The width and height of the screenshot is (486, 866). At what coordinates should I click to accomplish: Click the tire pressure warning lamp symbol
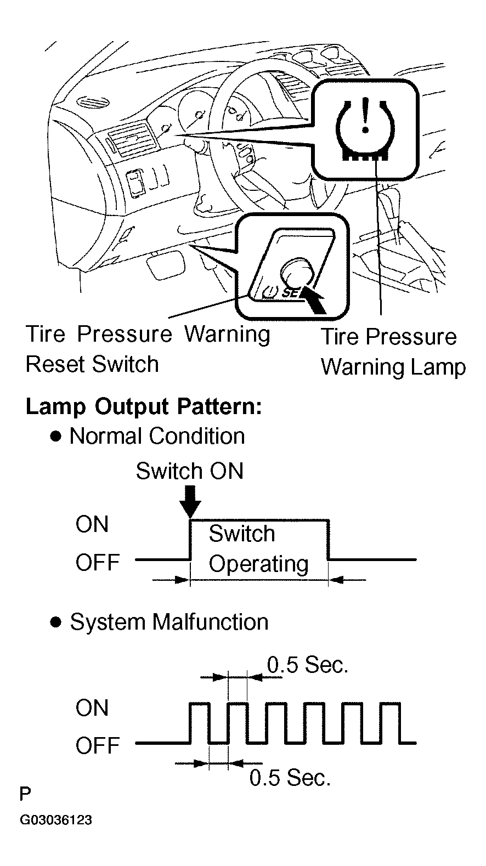coord(365,129)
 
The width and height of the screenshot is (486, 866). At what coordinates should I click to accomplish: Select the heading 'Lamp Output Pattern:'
coord(144,407)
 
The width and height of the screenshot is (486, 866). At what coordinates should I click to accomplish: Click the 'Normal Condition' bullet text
coord(157,436)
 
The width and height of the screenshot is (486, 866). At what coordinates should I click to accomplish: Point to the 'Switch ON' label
coord(189,471)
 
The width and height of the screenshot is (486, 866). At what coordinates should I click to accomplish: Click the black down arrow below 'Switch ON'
coord(190,502)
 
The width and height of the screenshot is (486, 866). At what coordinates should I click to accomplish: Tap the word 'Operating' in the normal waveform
coord(259,564)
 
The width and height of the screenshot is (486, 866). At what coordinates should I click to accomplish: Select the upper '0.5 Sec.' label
coord(308,665)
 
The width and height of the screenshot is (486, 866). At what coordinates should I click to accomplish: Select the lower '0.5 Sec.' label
coord(290,777)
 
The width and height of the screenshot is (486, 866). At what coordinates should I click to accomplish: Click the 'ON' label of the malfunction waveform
coord(92,708)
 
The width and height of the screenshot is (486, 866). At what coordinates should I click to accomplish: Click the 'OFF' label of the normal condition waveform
coord(98,562)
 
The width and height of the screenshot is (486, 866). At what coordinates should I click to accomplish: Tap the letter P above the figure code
coord(25,795)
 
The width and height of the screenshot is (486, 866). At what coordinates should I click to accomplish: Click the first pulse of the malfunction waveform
coord(200,722)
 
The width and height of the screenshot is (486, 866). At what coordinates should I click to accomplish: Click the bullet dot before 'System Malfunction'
coord(56,622)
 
